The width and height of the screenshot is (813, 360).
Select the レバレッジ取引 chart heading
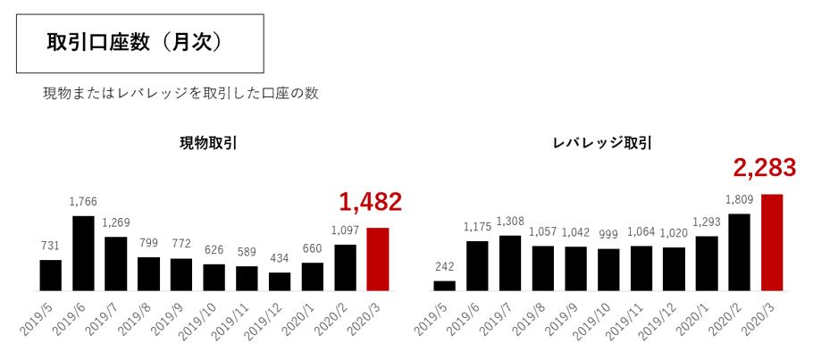[602, 143]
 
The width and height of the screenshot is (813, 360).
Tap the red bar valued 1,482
[378, 259]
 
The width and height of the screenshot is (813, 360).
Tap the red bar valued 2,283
[772, 242]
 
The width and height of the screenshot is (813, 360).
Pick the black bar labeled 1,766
[83, 253]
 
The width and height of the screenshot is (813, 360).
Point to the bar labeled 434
[280, 281]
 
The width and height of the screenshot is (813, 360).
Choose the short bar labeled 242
[444, 286]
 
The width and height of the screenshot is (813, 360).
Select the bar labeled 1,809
[739, 252]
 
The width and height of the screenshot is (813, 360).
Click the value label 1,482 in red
[370, 203]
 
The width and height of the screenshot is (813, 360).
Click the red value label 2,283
[764, 167]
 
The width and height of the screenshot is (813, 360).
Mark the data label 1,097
[345, 230]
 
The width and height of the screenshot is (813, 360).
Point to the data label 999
[608, 233]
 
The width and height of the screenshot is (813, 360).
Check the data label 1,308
[510, 221]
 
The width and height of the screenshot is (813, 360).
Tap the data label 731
[51, 246]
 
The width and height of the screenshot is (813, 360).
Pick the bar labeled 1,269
[116, 264]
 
